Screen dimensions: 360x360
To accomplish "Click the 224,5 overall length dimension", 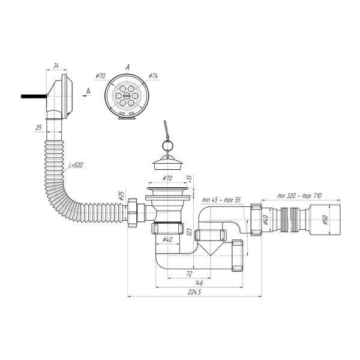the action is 194,292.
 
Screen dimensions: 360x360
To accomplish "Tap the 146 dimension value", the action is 199,283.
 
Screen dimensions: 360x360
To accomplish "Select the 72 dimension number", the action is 189,274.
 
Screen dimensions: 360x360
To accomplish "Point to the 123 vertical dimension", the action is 190,232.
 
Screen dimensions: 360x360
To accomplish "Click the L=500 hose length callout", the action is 76,165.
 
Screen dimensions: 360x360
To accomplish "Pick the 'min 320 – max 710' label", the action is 299,196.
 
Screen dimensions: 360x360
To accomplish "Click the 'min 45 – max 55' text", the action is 221,200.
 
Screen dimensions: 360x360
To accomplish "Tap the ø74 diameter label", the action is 153,76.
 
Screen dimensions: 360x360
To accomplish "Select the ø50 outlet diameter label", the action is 325,220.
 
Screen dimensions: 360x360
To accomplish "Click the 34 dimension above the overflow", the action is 56,65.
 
